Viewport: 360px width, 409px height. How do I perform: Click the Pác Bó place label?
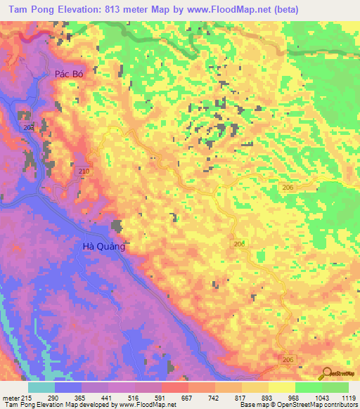(69, 74)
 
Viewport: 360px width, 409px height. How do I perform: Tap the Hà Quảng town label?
(103, 246)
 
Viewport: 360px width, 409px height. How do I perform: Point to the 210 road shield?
(83, 171)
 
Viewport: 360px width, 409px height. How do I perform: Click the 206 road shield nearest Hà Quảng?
(239, 243)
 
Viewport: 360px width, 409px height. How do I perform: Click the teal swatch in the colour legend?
(41, 387)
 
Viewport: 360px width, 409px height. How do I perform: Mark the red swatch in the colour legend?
(174, 387)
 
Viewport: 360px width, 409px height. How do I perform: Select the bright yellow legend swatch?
(281, 387)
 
